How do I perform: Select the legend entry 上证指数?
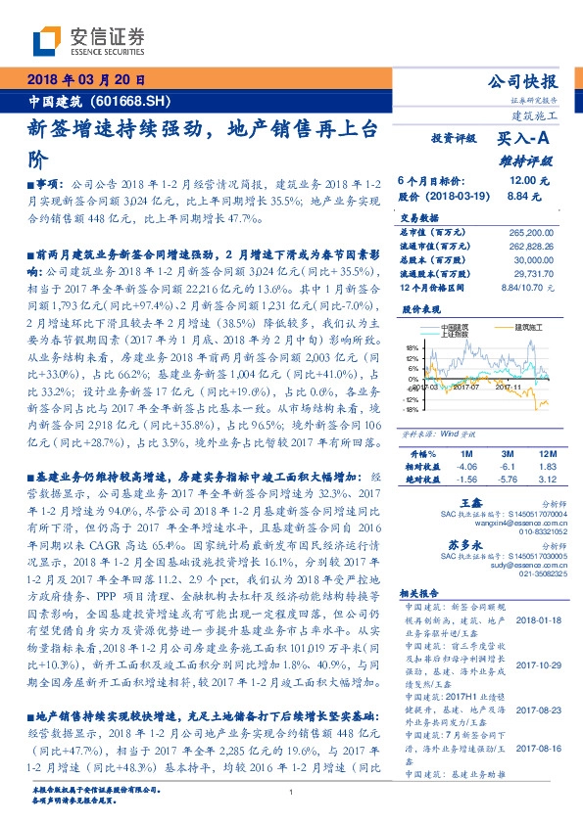point(454,335)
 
